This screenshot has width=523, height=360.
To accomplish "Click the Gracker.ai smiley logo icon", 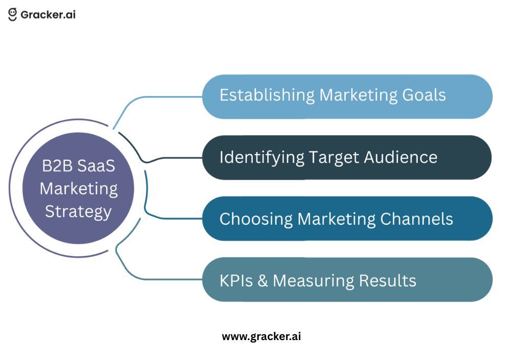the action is pyautogui.click(x=13, y=14).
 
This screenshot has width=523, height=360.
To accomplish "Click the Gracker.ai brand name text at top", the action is pyautogui.click(x=48, y=14).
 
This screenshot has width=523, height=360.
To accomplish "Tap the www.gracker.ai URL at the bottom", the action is pyautogui.click(x=261, y=337).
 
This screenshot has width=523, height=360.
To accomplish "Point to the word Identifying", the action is pyautogui.click(x=261, y=157).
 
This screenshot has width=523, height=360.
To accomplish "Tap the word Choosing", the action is pyautogui.click(x=256, y=219).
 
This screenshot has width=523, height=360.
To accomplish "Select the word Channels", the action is pyautogui.click(x=417, y=219).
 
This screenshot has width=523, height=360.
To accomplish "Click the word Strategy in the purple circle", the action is pyautogui.click(x=78, y=211).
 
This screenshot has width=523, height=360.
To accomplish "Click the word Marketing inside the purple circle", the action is pyautogui.click(x=78, y=189).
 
